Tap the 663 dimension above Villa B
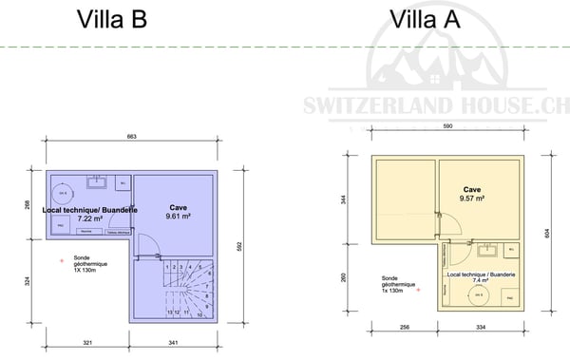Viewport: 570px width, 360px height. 131,138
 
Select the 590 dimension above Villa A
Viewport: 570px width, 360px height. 447,125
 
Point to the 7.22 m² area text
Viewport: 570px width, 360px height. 90,218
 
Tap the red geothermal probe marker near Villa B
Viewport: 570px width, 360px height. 62,258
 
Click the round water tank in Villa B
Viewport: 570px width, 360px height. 64,193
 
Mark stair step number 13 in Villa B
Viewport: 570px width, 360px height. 169,311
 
